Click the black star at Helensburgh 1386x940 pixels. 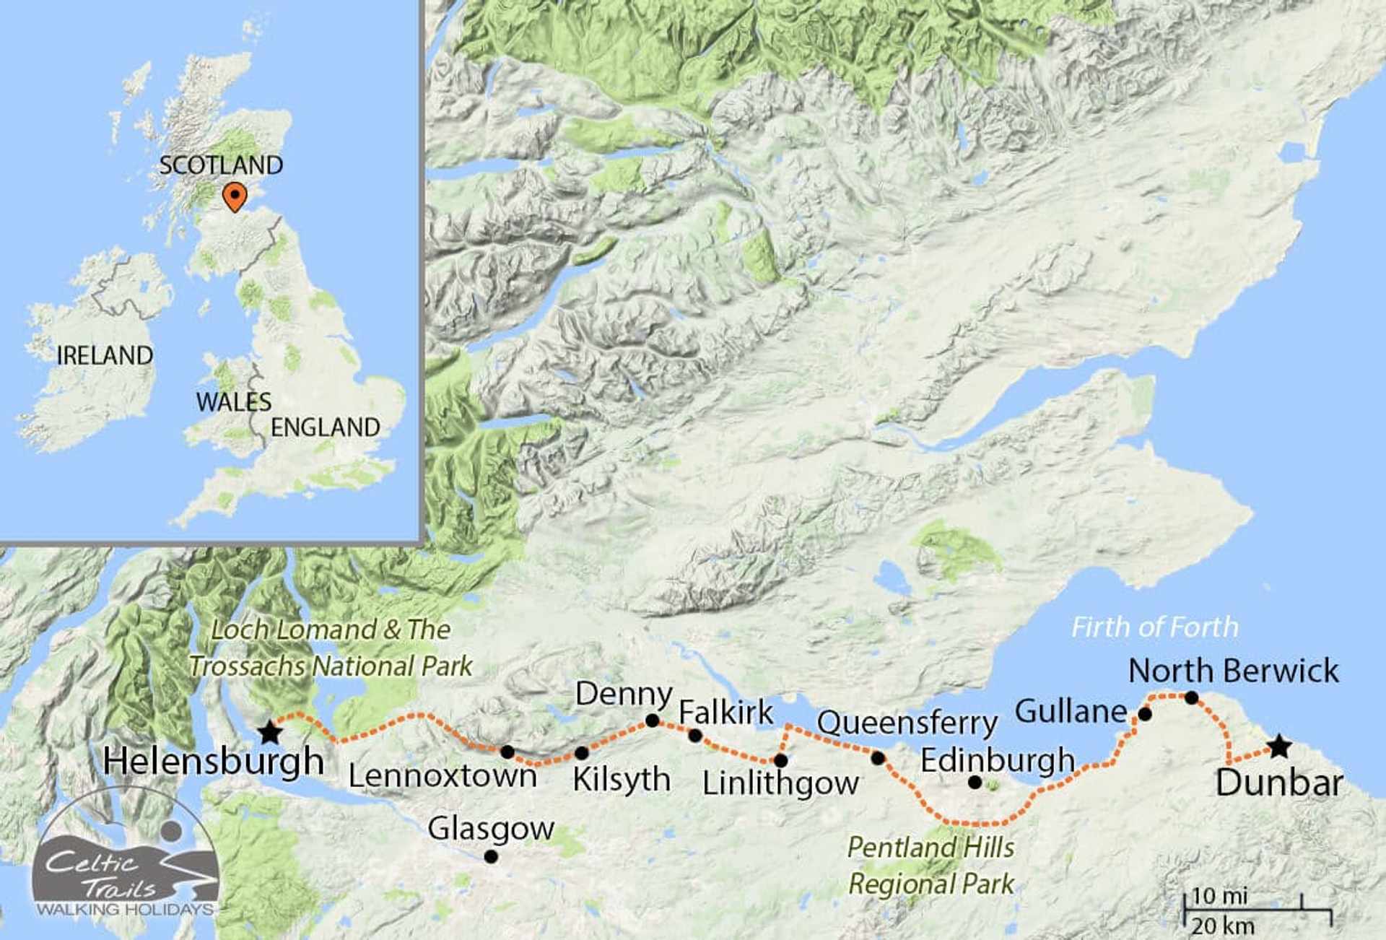click(x=270, y=732)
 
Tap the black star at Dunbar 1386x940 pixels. click(x=1279, y=746)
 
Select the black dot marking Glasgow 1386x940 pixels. click(x=491, y=857)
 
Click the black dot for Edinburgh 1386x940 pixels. click(x=975, y=782)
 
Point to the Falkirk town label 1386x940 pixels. click(x=725, y=713)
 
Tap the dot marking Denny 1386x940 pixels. click(x=652, y=721)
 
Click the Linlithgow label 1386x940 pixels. click(x=780, y=783)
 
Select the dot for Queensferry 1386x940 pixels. click(x=878, y=758)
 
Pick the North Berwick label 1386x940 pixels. click(x=1233, y=671)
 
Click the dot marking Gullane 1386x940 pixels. click(x=1144, y=715)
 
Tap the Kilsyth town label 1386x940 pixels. click(x=622, y=780)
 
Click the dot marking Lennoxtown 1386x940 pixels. click(x=507, y=752)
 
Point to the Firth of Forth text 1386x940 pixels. click(x=1154, y=627)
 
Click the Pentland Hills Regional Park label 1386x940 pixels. click(x=930, y=866)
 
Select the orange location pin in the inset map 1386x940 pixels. click(x=235, y=196)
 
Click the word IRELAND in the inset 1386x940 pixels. click(x=105, y=355)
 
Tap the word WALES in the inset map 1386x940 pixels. click(x=234, y=402)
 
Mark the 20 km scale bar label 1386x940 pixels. click(x=1222, y=926)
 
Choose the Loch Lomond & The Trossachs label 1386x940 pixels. click(x=331, y=648)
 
